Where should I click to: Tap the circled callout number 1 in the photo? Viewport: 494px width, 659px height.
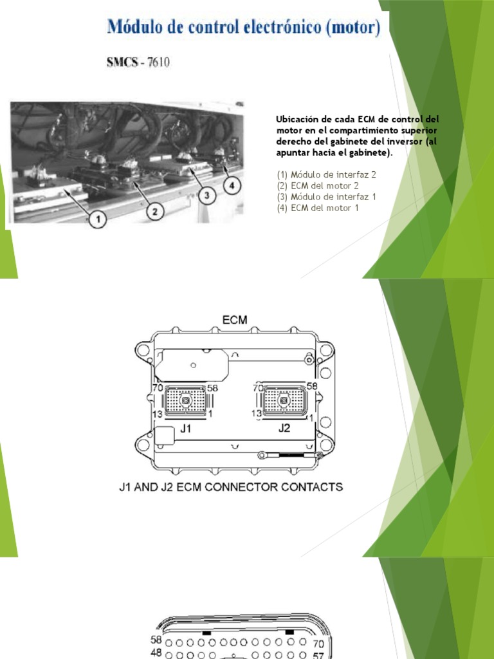pos(98,220)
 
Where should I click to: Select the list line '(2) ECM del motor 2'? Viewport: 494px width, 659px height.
pos(315,185)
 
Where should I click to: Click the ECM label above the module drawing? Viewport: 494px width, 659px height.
pos(235,319)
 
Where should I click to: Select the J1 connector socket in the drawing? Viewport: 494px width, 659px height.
pos(185,400)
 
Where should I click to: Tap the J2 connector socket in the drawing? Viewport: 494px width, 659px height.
pos(284,400)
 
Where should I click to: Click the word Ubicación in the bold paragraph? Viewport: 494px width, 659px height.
pos(298,120)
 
